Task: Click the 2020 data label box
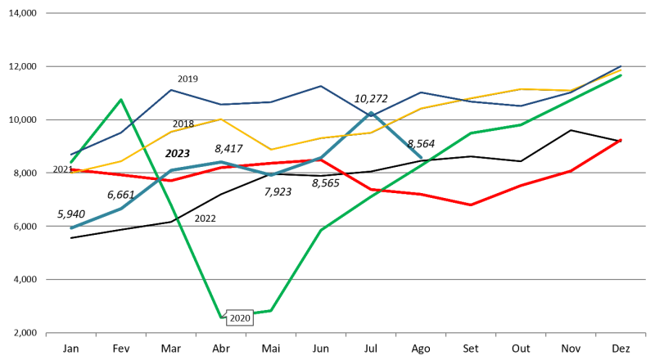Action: (240, 318)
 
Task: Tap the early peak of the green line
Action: (121, 100)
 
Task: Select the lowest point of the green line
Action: (221, 317)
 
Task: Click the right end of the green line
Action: (621, 75)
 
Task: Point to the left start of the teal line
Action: (71, 227)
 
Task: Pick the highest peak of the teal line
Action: (371, 113)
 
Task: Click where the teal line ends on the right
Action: (421, 157)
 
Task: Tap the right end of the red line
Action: (621, 140)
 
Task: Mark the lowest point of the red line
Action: (471, 205)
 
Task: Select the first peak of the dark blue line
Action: (171, 90)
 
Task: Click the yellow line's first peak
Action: (221, 119)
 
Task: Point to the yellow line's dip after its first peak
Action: (271, 150)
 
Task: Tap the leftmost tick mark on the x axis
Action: (46, 335)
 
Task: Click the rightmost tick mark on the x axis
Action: (645, 335)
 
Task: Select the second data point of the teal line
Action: (121, 208)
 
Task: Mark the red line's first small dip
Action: (171, 180)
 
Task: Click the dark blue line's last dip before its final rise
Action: (521, 106)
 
